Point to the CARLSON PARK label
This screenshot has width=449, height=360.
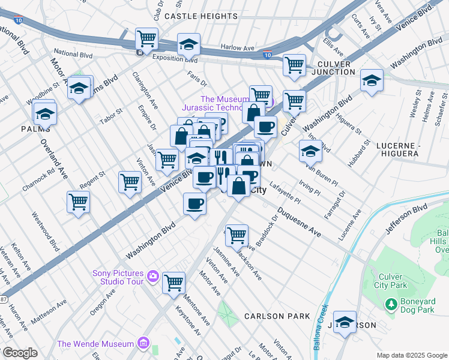[277, 316]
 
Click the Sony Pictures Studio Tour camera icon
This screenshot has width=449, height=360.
[152, 277]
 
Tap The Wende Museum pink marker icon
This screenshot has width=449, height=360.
[143, 344]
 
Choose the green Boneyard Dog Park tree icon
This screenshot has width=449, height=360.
[391, 305]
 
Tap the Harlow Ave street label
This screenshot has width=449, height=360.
[238, 47]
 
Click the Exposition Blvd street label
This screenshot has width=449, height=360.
[175, 59]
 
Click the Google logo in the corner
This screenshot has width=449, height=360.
[20, 353]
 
